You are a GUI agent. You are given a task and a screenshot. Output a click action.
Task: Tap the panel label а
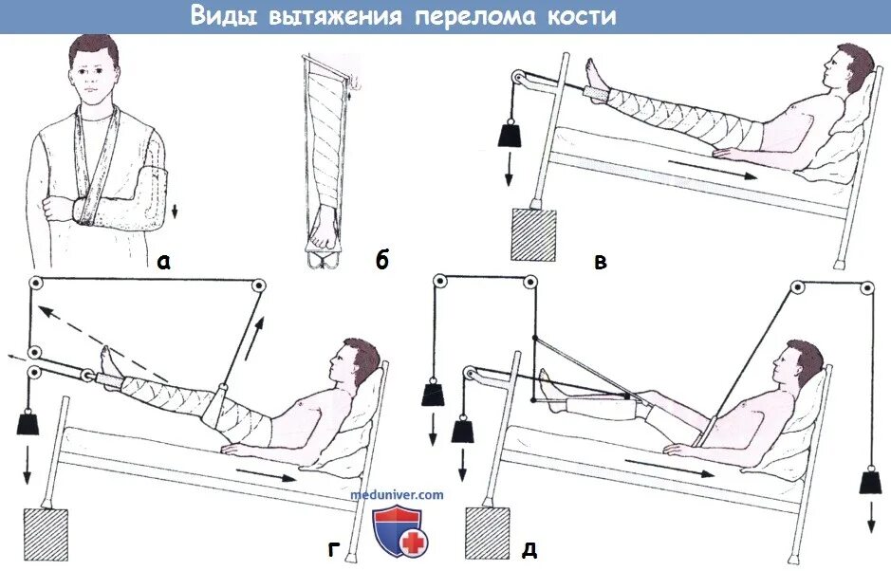163,262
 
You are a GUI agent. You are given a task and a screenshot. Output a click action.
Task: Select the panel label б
381,261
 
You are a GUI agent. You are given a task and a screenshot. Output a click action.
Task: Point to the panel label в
600,261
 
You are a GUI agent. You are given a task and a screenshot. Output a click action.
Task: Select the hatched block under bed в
533,234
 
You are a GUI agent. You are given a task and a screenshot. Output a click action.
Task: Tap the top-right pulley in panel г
257,285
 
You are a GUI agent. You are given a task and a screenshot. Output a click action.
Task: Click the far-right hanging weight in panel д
870,481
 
